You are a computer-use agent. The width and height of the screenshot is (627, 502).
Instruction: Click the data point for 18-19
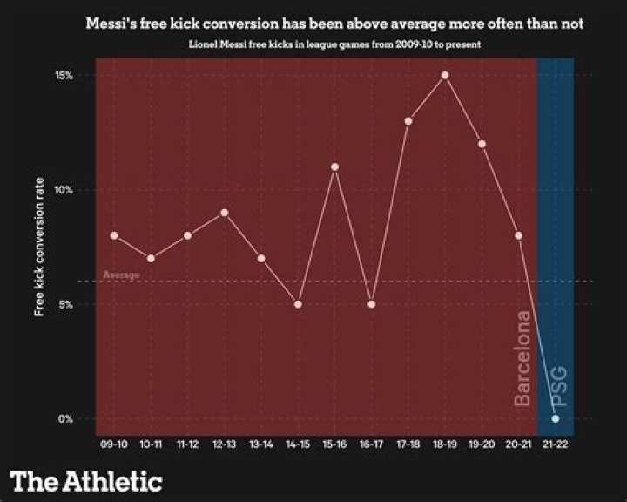click(x=445, y=75)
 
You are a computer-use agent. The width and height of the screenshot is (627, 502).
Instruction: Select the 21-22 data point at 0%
click(x=556, y=418)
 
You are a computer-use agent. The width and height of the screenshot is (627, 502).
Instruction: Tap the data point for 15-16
click(x=334, y=166)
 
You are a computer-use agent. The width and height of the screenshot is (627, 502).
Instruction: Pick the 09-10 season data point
click(x=114, y=235)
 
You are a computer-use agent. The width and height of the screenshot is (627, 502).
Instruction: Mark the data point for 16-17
click(x=372, y=304)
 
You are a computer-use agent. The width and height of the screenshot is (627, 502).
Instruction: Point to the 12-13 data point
click(x=225, y=213)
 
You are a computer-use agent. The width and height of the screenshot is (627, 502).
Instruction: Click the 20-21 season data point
click(x=519, y=235)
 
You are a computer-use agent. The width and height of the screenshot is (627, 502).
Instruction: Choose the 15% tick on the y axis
click(x=64, y=76)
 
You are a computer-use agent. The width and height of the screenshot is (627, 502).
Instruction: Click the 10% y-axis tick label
click(x=64, y=190)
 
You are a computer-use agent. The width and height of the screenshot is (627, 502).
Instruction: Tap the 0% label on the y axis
click(x=65, y=418)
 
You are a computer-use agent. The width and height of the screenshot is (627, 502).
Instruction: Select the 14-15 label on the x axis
click(x=298, y=444)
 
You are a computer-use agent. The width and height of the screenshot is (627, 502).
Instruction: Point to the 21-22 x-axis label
click(x=556, y=444)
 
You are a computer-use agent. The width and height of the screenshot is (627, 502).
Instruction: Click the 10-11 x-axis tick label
click(x=151, y=444)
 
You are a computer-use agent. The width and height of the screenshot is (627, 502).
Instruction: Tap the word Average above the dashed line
click(x=122, y=275)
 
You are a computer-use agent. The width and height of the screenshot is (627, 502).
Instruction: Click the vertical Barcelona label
click(x=522, y=358)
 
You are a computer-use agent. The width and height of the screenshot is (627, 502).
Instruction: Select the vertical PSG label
click(x=558, y=386)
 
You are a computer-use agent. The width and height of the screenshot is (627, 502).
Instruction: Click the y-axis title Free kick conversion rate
click(x=39, y=247)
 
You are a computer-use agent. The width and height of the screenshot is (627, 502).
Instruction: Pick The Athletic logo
click(x=86, y=481)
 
